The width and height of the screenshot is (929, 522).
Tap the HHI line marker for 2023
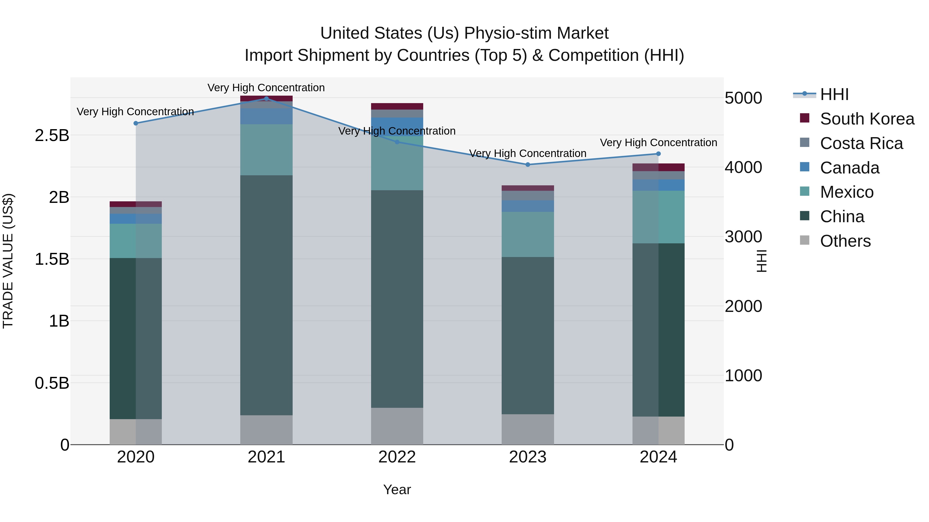tap(528, 165)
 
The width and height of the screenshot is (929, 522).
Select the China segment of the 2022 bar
tap(397, 299)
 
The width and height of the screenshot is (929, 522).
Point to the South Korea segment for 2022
tap(397, 106)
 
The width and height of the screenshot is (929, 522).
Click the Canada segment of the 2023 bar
tap(528, 206)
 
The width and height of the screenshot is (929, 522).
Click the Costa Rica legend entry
tap(861, 143)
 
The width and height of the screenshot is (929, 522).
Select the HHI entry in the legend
tap(834, 94)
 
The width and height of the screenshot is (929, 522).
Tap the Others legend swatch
tap(805, 240)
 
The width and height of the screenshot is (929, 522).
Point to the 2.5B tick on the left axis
tap(52, 135)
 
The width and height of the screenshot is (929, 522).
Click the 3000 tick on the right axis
tap(743, 237)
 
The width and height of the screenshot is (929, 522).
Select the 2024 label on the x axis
tap(658, 457)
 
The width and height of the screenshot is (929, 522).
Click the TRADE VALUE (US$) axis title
tap(8, 261)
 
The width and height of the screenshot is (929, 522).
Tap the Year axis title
tap(397, 490)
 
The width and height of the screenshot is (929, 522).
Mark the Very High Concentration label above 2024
tap(658, 143)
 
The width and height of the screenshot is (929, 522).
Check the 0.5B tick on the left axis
tap(52, 383)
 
